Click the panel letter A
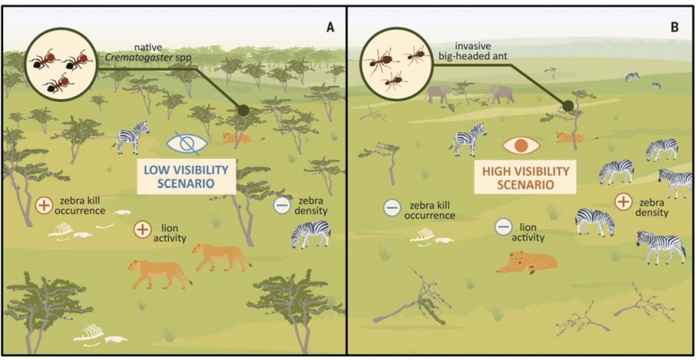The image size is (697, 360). pos(330,28)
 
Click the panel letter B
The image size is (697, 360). pos(674,28)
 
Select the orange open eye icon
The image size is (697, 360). pos(521,145)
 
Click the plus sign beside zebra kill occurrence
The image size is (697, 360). pos(44,205)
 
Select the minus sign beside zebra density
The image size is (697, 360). pos(281,205)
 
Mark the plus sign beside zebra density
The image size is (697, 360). pos(623,202)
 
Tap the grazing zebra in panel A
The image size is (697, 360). pos(311,234)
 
